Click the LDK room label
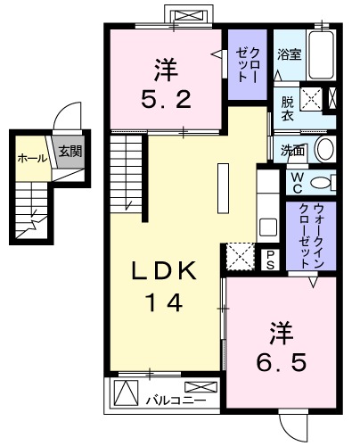coord(164,270)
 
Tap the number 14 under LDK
coord(164,303)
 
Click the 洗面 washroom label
coord(290,150)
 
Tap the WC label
coord(296,181)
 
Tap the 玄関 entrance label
coord(70,153)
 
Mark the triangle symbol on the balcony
coord(127,392)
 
